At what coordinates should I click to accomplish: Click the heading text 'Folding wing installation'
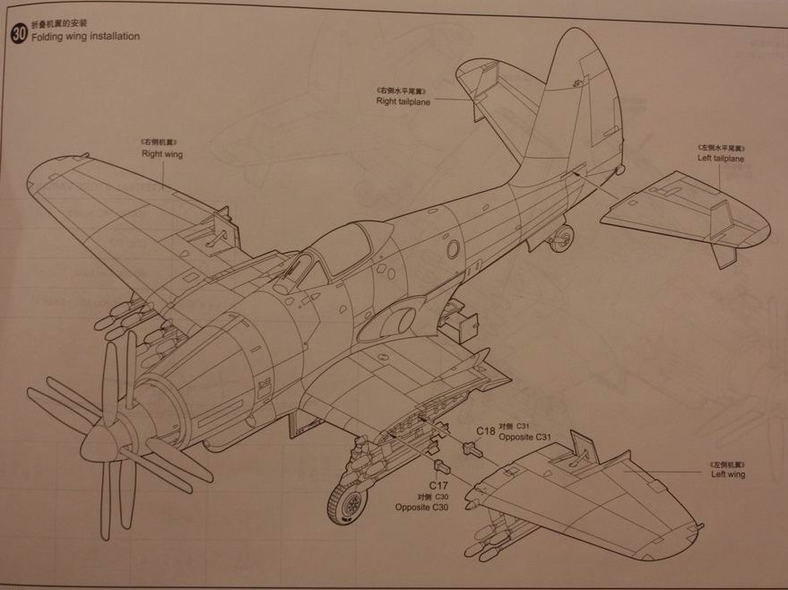85,37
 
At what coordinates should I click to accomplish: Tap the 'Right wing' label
161,154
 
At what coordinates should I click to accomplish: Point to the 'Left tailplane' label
721,159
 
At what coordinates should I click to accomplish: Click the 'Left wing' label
728,474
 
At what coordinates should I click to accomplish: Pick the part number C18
486,430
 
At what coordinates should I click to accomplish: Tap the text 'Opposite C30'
421,508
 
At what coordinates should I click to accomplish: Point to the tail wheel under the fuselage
562,238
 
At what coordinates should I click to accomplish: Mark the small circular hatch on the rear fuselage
453,249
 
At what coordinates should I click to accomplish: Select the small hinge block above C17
441,465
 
